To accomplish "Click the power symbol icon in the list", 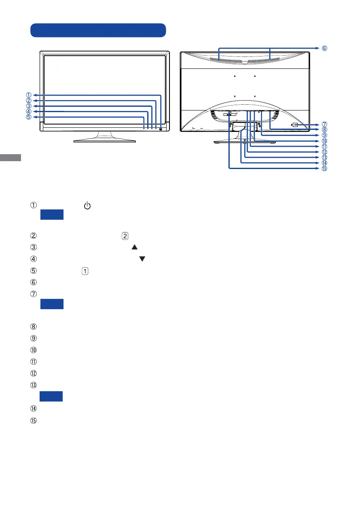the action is pyautogui.click(x=87, y=205).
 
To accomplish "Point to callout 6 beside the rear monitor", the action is pyautogui.click(x=325, y=48).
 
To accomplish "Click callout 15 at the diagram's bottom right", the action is pyautogui.click(x=325, y=168).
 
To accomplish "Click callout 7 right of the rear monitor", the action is pyautogui.click(x=325, y=124).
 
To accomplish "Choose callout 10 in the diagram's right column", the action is pyautogui.click(x=325, y=141).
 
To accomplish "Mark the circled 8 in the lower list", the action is pyautogui.click(x=33, y=327).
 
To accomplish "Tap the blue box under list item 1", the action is pyautogui.click(x=52, y=215).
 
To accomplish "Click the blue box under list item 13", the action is pyautogui.click(x=52, y=396).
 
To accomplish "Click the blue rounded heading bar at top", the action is pyautogui.click(x=98, y=30).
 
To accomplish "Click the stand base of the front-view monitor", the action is pyautogui.click(x=104, y=140).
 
